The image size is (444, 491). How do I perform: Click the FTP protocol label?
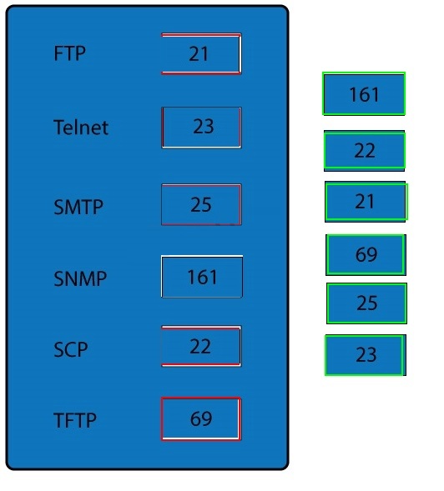coord(69,53)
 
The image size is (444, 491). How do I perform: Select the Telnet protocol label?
coord(81,128)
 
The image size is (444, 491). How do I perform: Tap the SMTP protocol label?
coord(78,207)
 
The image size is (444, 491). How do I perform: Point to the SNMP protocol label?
coord(80,278)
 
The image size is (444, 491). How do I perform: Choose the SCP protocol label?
coord(71,349)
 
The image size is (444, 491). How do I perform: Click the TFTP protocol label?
coord(75,420)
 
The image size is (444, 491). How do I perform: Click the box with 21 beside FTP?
coord(201,53)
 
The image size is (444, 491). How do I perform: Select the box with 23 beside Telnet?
coord(201,128)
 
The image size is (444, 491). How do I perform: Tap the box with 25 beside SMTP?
coord(201,204)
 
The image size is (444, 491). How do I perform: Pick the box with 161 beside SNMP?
coord(202,277)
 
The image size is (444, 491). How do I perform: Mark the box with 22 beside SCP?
coord(201,346)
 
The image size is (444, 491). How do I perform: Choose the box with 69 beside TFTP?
coord(201,419)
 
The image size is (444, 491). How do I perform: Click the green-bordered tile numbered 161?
coord(364,93)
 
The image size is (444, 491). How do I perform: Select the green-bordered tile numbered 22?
coord(365,151)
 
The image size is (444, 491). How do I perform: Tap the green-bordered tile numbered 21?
coord(366,202)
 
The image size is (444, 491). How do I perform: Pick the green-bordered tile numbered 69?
coord(366,254)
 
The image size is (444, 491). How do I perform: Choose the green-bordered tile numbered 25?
coord(367,303)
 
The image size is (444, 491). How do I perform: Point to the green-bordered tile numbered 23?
coord(366,355)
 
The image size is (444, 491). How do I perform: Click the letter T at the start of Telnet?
coord(59,128)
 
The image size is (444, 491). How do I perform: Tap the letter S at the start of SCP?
coord(59,349)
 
